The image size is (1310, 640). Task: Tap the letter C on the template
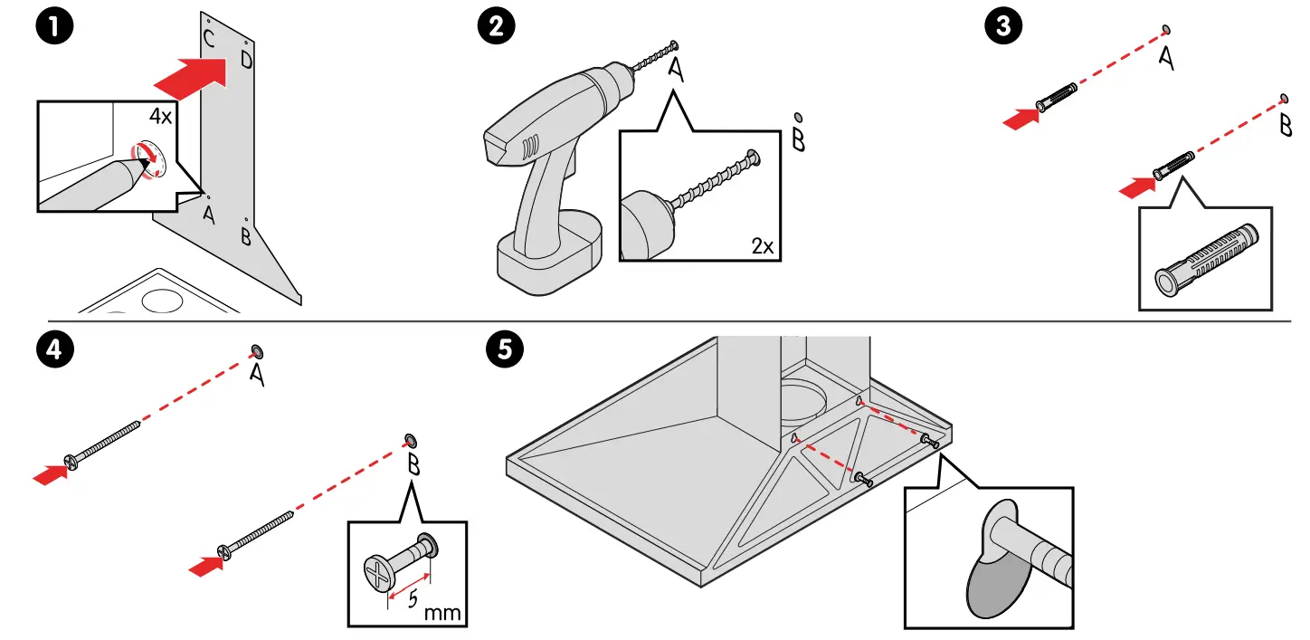209,38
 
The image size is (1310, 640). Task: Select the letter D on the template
246,61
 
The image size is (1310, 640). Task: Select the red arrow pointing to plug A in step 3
1020,118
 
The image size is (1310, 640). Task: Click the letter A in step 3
1166,59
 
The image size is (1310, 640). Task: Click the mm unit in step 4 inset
442,613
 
